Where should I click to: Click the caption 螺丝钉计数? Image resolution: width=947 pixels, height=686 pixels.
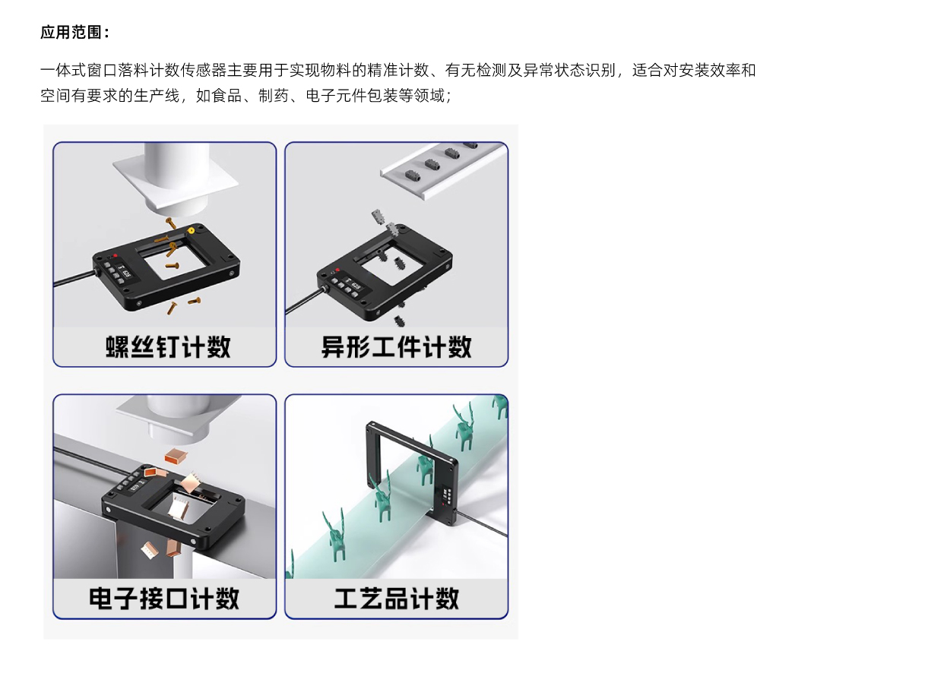click(168, 347)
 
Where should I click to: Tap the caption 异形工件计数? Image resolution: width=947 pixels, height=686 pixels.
click(396, 347)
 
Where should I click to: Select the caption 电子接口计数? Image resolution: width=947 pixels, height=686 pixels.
click(164, 599)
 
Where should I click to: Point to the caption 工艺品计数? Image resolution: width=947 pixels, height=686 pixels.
click(396, 599)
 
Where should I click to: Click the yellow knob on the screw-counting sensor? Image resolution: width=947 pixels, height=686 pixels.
click(191, 231)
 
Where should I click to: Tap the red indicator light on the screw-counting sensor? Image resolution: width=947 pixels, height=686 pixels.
click(115, 256)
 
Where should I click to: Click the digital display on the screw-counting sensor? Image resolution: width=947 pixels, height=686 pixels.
click(124, 270)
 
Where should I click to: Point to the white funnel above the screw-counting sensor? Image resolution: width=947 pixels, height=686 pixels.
click(175, 178)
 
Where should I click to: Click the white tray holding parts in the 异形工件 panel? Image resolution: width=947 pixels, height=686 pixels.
click(445, 169)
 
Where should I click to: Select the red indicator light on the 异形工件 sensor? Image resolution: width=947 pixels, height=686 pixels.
click(337, 270)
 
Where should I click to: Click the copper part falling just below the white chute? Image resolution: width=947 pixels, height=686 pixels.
click(175, 456)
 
